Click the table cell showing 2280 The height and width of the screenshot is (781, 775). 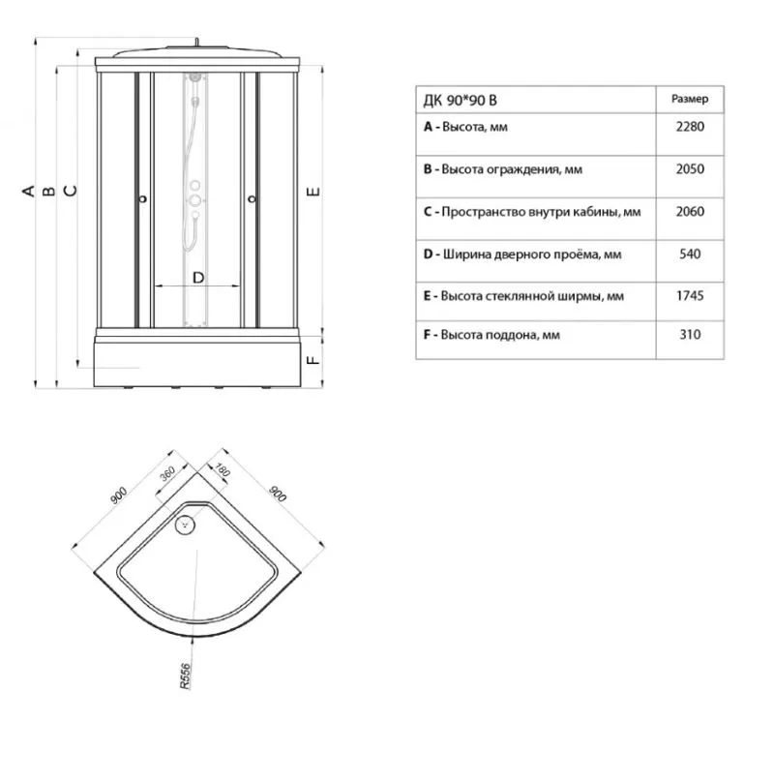[690, 127]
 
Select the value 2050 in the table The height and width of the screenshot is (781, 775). [690, 168]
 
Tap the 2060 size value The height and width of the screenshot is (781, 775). [690, 212]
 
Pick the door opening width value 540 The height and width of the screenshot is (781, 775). [690, 254]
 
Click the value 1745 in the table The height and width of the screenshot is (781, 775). [690, 296]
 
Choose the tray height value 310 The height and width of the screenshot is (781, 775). [690, 334]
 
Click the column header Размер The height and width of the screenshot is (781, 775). [690, 99]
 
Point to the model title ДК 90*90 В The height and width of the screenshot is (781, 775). [461, 101]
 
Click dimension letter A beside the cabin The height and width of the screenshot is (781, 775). [29, 191]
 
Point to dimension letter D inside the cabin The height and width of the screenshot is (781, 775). [198, 278]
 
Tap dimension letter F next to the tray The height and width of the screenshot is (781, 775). [313, 360]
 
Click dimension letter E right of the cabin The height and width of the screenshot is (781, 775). [313, 192]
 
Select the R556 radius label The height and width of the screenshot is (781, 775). [185, 676]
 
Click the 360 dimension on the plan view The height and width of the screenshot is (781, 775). [167, 473]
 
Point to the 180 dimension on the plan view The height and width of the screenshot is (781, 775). [223, 469]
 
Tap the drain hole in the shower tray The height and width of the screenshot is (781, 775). [185, 525]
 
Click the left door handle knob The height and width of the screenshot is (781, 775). [143, 199]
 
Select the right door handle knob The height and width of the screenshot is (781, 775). [252, 199]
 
